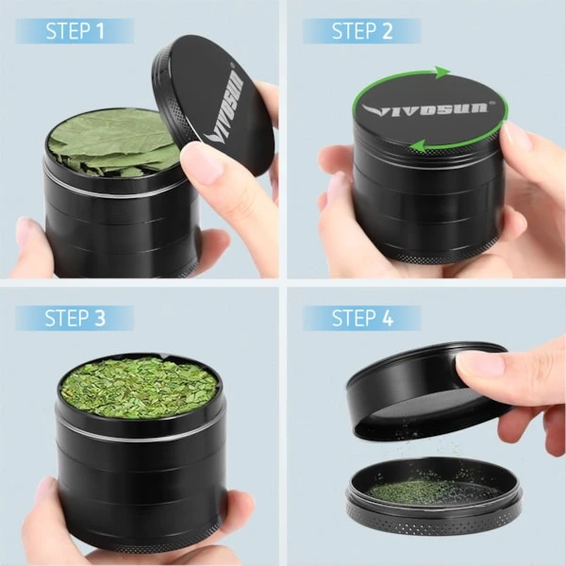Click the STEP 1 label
click(75, 31)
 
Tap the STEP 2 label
click(362, 31)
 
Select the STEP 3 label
click(75, 318)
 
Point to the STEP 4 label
click(362, 318)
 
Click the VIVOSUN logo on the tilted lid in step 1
click(224, 108)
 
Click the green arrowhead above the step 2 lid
click(442, 73)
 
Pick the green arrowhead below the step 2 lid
click(418, 146)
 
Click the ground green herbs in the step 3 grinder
click(139, 387)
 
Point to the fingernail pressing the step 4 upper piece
click(480, 364)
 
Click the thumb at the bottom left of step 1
click(34, 245)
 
